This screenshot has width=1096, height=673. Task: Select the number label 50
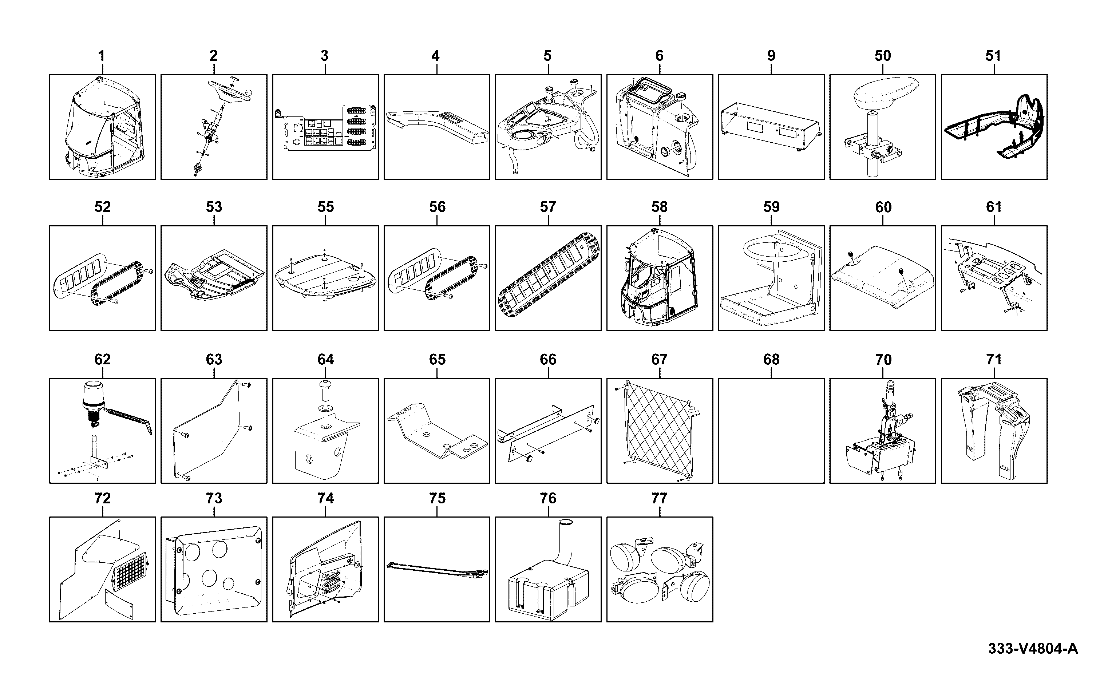pos(883,56)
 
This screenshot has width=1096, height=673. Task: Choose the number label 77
pos(659,498)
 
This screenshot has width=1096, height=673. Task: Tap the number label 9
pos(771,56)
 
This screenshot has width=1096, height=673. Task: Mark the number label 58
pos(660,207)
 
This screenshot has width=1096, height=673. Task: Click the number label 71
pos(994,359)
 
